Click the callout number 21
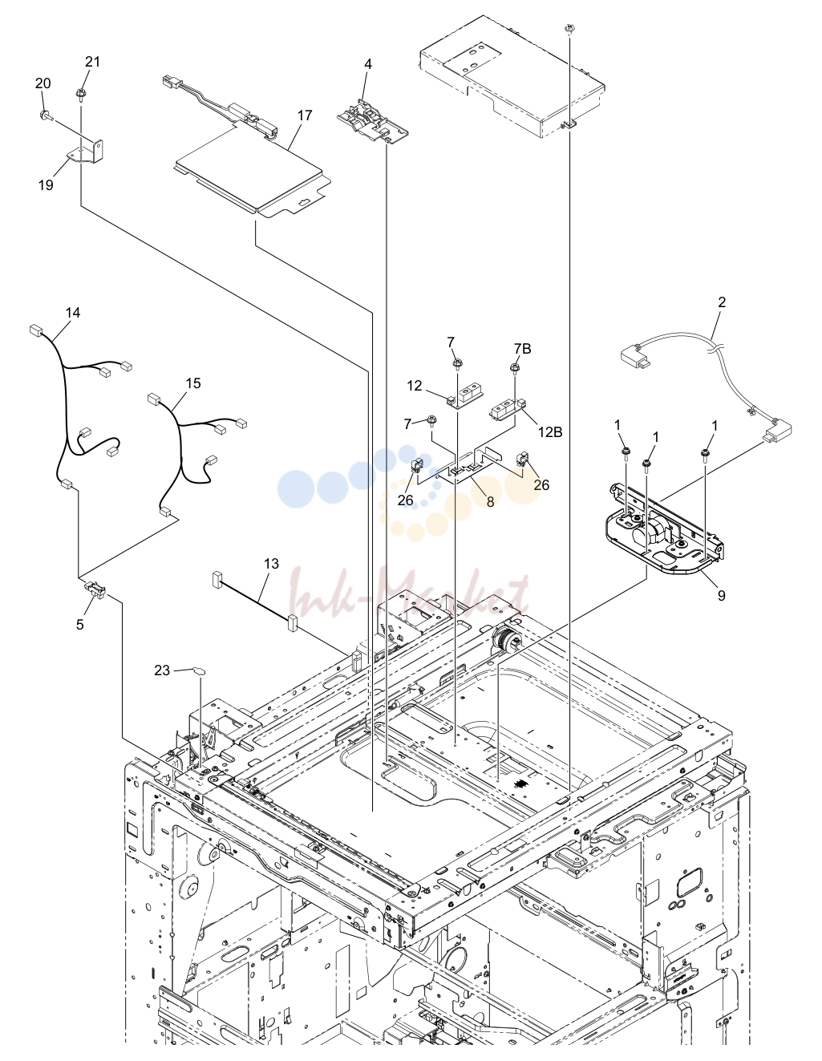click(x=92, y=62)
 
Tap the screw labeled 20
click(x=44, y=115)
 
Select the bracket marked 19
click(x=86, y=152)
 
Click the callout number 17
click(x=305, y=115)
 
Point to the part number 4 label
click(x=368, y=64)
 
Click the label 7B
click(x=522, y=349)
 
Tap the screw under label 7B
click(x=515, y=367)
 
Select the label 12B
click(x=550, y=431)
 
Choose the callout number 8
click(x=491, y=501)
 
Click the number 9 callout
click(x=722, y=595)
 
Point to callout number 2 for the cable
click(x=722, y=302)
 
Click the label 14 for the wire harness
click(x=73, y=313)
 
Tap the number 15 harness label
click(x=193, y=383)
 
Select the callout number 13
click(x=271, y=564)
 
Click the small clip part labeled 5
click(x=95, y=589)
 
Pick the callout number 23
click(x=162, y=670)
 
